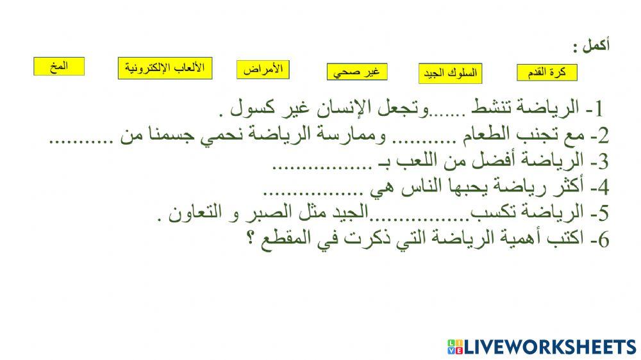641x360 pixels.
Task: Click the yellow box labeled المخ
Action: [x=59, y=67]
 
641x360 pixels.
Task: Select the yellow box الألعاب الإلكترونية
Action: [x=165, y=68]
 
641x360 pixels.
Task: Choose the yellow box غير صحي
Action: [x=356, y=72]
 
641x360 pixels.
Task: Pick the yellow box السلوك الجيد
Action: [x=451, y=74]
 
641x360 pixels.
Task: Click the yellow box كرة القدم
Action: [x=546, y=73]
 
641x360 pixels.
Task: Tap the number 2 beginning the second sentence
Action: [x=603, y=136]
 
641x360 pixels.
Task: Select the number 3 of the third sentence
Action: [x=603, y=162]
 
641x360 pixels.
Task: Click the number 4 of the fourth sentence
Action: [x=603, y=188]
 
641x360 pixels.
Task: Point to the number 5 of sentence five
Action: [x=603, y=214]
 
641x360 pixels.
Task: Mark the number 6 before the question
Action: [x=603, y=240]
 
